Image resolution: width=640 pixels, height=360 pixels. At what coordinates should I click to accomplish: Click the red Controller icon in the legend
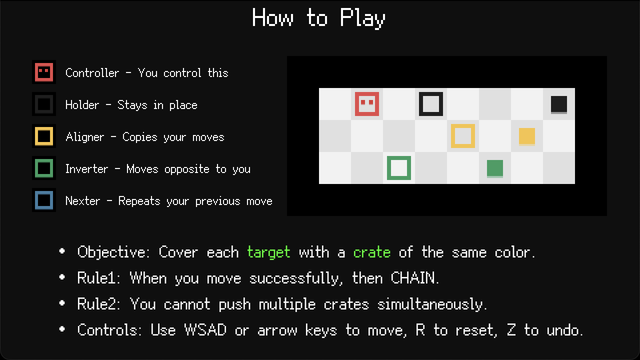tap(44, 72)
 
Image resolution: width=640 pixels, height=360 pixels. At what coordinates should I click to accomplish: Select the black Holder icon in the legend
tap(44, 104)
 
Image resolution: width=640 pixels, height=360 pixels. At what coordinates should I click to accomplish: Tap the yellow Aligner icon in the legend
tap(44, 136)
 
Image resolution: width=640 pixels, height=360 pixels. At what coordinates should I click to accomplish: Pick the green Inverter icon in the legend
tap(44, 168)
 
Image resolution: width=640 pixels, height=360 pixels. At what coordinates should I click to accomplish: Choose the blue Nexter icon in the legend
tap(44, 200)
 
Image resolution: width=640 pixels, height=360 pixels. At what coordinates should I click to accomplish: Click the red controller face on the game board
tap(367, 104)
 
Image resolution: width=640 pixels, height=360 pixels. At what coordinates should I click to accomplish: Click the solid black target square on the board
tap(559, 104)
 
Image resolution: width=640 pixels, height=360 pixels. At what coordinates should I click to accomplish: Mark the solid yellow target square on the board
tap(527, 136)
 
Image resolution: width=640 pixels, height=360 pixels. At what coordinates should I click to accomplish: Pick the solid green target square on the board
tap(495, 168)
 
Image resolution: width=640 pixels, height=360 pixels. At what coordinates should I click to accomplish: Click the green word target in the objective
tap(269, 252)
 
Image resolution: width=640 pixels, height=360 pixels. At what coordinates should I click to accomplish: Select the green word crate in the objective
tap(371, 252)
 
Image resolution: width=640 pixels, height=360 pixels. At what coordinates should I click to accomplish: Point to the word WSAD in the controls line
tap(205, 330)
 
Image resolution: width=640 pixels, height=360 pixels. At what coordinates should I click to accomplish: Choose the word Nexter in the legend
tap(83, 201)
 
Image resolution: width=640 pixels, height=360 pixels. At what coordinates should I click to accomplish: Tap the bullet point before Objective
tap(62, 251)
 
